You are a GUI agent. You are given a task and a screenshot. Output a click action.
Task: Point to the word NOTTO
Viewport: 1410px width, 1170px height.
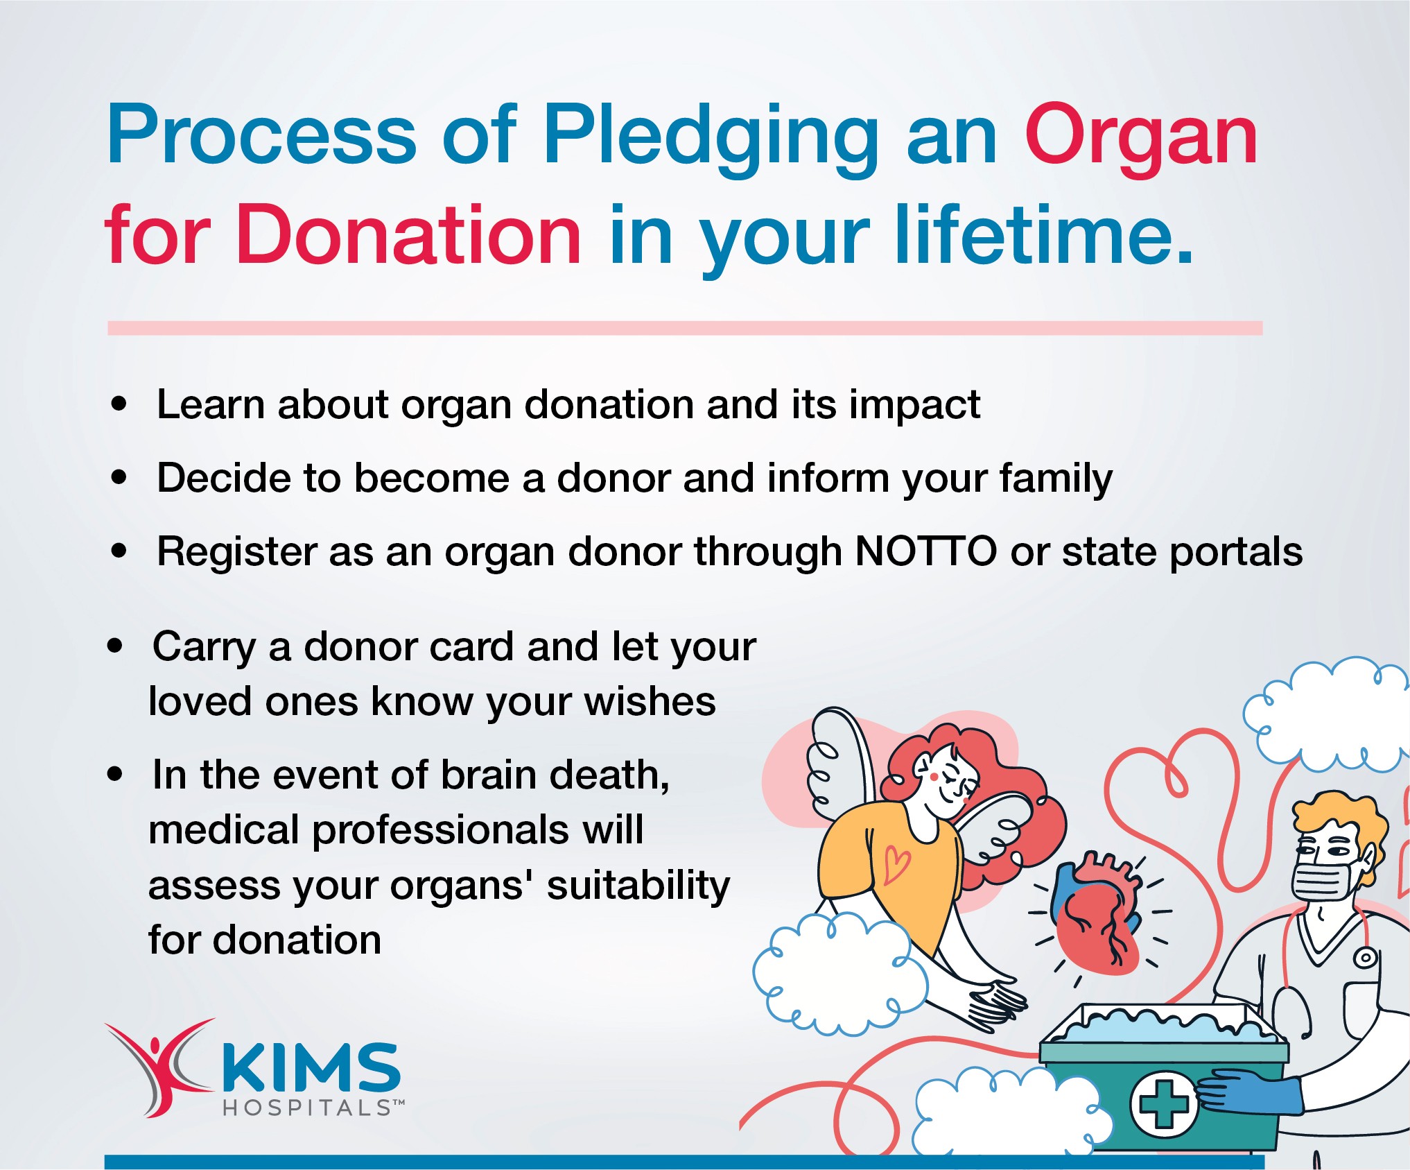tap(926, 552)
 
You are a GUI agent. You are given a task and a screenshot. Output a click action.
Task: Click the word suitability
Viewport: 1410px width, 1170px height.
tap(638, 886)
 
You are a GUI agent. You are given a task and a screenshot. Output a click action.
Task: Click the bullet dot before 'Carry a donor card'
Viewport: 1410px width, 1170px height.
tap(115, 646)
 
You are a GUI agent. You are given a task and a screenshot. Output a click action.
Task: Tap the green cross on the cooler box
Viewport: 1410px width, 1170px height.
tap(1164, 1104)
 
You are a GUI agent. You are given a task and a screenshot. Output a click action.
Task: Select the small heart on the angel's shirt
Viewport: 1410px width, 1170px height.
tap(898, 864)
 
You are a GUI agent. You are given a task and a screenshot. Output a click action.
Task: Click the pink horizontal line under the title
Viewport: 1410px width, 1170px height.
tap(685, 328)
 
